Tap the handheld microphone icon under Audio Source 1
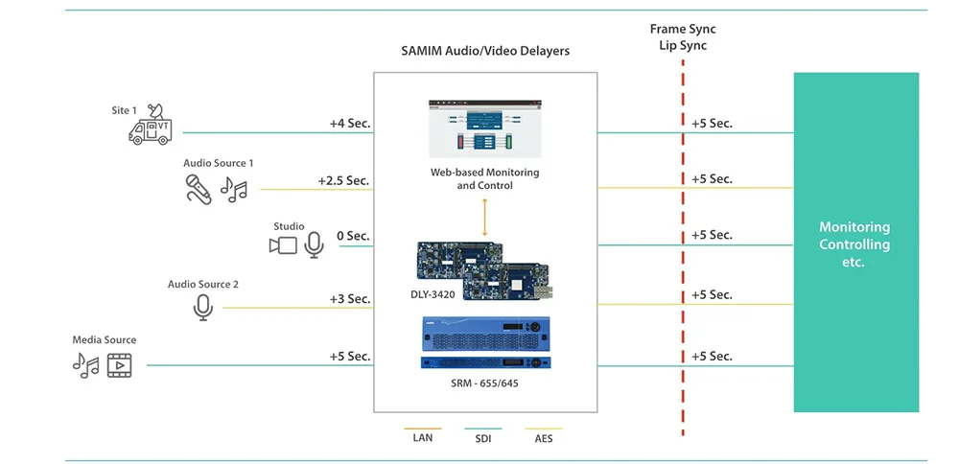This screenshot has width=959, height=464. (199, 189)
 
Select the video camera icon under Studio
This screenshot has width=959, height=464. (283, 245)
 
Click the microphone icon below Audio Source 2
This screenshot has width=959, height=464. (203, 308)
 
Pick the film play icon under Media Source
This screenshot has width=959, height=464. (119, 365)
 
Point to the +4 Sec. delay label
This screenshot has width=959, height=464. (350, 123)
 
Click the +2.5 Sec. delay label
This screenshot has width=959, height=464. (343, 181)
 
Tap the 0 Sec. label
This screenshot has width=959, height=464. (353, 236)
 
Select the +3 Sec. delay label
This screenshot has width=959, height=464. (350, 299)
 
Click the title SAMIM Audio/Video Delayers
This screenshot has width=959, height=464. (485, 51)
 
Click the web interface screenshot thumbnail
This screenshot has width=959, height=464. (485, 128)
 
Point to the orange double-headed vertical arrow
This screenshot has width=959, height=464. (485, 217)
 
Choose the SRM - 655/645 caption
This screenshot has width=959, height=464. (485, 383)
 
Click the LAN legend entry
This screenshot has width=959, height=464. (422, 438)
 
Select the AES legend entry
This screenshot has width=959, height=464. (543, 438)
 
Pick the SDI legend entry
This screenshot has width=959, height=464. (482, 438)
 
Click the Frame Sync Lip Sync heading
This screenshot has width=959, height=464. (683, 37)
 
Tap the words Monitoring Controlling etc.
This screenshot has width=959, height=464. (854, 244)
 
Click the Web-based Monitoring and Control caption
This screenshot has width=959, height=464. (485, 178)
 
